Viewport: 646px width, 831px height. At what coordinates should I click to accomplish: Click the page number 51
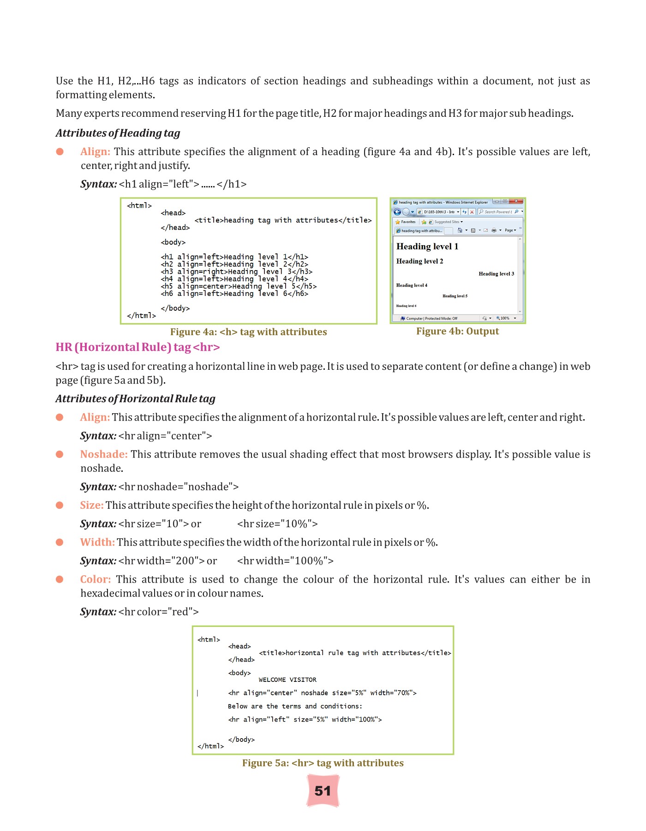point(323,791)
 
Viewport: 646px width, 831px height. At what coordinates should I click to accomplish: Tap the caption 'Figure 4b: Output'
point(457,331)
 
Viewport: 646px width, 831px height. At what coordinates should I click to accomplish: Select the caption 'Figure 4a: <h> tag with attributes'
point(248,332)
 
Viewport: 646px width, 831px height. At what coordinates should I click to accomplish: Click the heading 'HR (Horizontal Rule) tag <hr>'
point(138,347)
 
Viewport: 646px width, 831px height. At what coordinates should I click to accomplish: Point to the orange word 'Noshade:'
point(104,454)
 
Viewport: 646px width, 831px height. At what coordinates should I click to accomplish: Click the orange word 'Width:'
point(97,542)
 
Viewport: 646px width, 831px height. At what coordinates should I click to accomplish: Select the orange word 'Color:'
point(96,579)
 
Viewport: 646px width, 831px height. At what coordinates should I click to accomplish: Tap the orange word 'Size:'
point(92,505)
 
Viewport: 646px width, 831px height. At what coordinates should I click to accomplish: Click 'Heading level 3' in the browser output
point(496,274)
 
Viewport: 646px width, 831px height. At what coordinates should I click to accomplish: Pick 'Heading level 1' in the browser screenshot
point(427,247)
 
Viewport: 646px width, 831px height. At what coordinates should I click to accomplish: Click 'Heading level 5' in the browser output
point(455,296)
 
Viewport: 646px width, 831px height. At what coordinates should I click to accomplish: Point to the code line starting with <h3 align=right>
point(236,271)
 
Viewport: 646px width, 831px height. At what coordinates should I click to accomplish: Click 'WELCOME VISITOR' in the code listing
point(287,680)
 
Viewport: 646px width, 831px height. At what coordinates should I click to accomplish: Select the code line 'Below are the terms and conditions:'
point(295,706)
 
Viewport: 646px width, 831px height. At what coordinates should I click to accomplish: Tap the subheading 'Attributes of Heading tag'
point(118,133)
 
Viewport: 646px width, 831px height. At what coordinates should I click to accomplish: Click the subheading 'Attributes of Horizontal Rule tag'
point(135,399)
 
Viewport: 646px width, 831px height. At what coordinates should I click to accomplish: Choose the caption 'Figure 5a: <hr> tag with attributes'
point(323,763)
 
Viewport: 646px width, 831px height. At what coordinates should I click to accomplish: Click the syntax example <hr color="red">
point(158,612)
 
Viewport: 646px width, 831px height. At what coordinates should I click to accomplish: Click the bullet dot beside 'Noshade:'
point(60,454)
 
